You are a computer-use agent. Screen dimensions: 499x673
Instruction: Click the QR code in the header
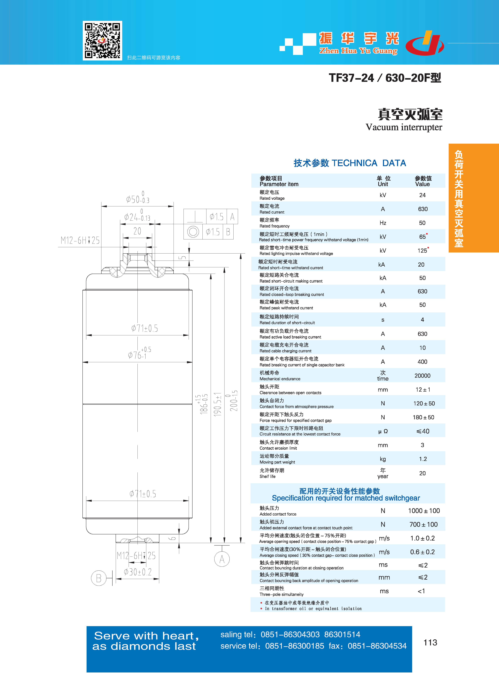[102, 41]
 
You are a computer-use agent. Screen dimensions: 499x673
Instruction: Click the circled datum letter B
[98, 578]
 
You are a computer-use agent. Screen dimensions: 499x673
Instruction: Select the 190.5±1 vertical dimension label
[217, 405]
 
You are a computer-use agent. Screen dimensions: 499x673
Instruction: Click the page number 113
[430, 642]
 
